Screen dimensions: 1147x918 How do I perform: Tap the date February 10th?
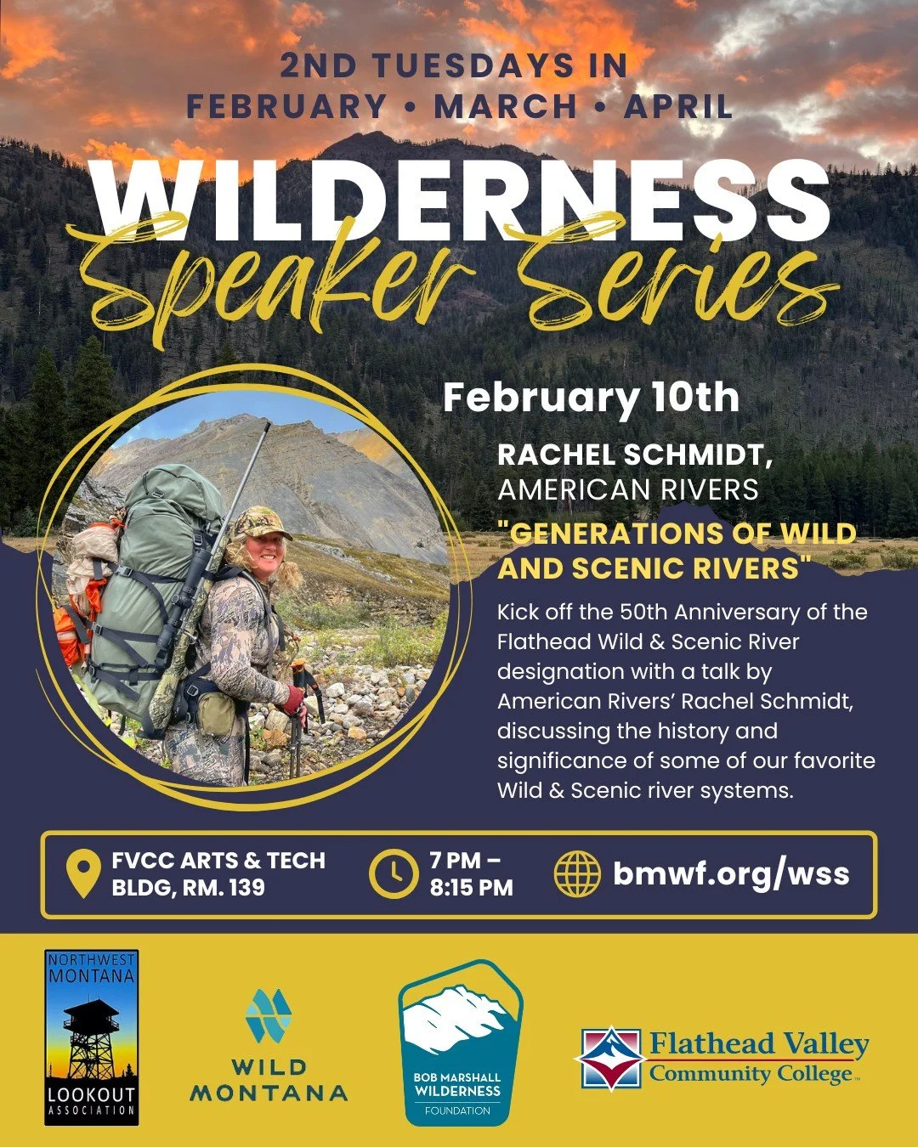(591, 398)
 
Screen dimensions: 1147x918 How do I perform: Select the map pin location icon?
(82, 875)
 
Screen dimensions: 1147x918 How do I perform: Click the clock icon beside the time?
(393, 874)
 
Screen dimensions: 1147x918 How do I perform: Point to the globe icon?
(576, 874)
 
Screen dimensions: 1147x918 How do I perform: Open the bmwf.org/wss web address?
(731, 873)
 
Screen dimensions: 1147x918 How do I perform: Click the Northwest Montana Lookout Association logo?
(91, 1037)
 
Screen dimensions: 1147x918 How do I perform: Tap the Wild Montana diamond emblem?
(268, 1015)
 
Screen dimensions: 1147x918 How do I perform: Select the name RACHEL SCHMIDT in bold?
(634, 455)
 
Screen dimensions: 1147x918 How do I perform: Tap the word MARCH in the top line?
(506, 107)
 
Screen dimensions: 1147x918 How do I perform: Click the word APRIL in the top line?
(678, 107)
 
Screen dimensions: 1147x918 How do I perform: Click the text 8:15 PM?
(471, 889)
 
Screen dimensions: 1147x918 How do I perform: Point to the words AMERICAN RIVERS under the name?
(628, 489)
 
